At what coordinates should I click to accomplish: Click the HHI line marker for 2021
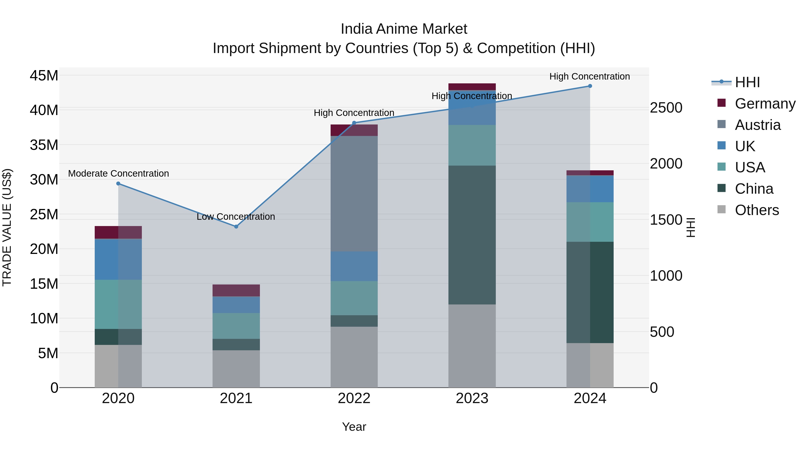coord(236,226)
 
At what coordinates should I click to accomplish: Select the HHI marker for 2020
coord(118,183)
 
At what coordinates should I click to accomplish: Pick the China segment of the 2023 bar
coord(472,235)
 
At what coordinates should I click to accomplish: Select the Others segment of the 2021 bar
coord(236,369)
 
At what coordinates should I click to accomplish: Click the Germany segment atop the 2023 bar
coord(472,87)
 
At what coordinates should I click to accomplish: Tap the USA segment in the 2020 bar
coord(118,304)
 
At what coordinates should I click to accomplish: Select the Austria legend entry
coord(757,125)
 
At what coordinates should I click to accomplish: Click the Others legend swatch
coord(721,209)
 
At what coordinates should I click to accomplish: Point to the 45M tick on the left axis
coord(44,76)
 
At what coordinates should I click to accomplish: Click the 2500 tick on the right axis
coord(666,108)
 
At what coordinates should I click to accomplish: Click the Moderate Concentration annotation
coord(118,173)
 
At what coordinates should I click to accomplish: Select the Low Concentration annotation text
coord(236,216)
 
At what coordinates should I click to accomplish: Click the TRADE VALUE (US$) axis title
coord(7,227)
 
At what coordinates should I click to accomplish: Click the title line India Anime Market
coord(404,29)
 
